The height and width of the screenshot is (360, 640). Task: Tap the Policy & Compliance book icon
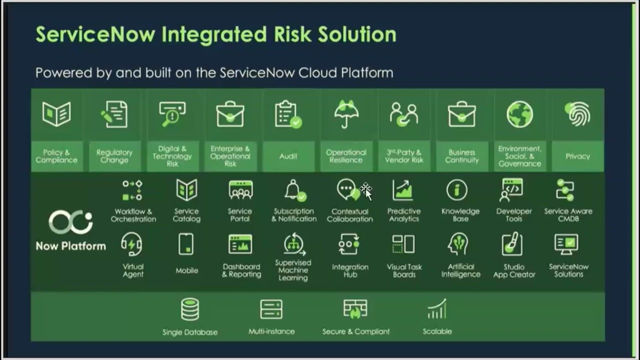click(x=56, y=114)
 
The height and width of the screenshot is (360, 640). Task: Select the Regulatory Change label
click(x=114, y=156)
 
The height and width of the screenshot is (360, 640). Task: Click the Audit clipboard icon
click(x=288, y=114)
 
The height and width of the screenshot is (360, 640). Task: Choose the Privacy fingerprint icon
click(x=578, y=113)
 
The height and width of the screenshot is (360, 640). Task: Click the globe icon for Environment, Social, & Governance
click(x=519, y=114)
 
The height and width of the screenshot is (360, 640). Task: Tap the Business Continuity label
click(x=461, y=156)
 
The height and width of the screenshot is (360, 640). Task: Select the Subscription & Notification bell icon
click(x=294, y=190)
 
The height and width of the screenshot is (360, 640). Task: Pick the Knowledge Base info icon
click(x=457, y=190)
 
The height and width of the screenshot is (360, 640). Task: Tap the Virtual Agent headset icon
click(x=132, y=244)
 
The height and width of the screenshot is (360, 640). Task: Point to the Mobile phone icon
click(x=186, y=244)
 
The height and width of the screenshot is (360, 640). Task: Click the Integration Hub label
click(x=350, y=270)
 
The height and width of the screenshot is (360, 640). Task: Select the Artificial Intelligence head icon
click(x=458, y=244)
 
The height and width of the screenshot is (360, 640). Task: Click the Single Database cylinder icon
click(x=190, y=309)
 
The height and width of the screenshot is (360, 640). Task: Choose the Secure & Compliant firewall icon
click(x=355, y=309)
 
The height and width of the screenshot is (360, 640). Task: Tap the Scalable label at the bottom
click(x=437, y=331)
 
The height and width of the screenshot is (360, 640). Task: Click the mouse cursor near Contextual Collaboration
click(x=366, y=190)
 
